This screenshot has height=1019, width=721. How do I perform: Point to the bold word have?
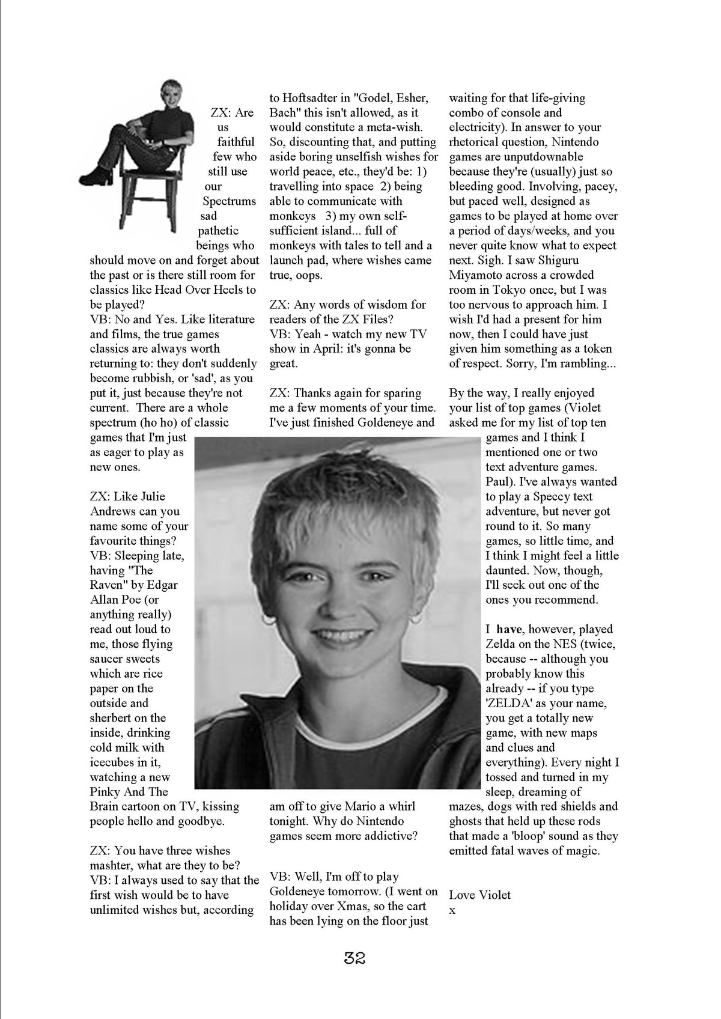(509, 629)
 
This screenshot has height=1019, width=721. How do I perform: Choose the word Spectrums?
(229, 201)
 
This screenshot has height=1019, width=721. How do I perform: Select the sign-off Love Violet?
(479, 895)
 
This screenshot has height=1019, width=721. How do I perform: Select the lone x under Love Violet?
(452, 910)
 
